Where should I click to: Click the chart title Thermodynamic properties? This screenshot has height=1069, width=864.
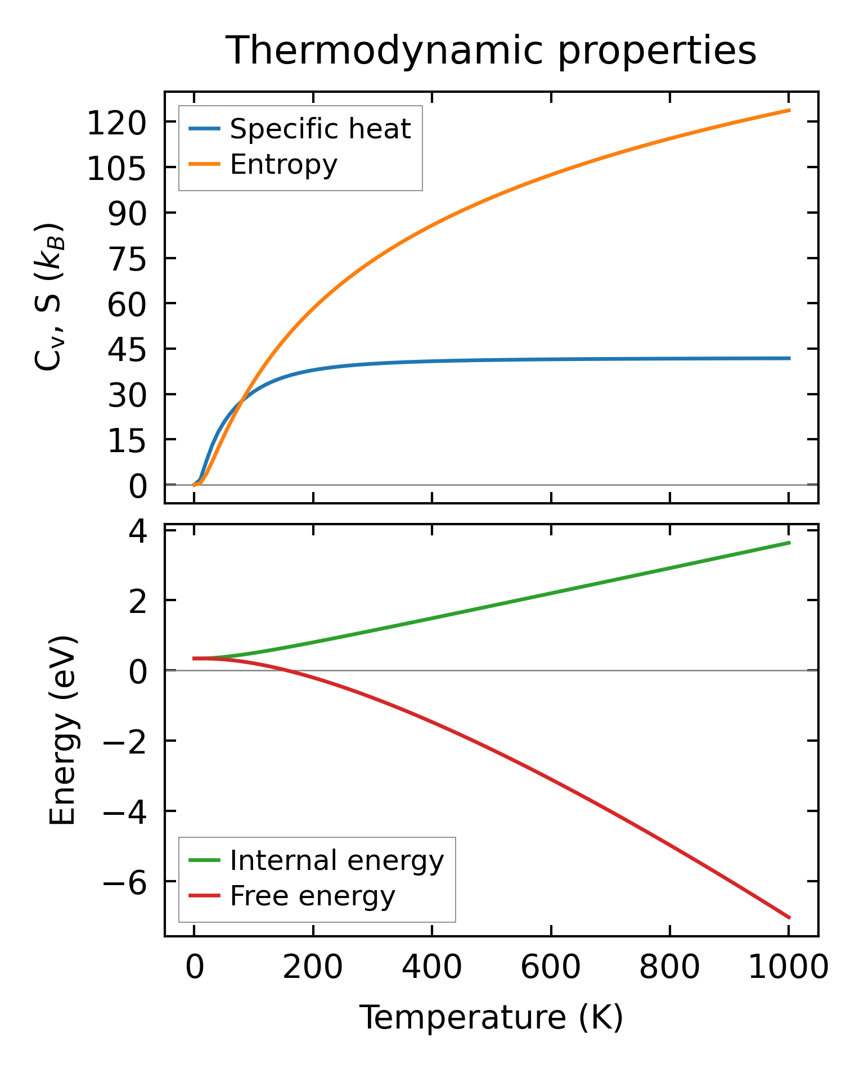coord(490,51)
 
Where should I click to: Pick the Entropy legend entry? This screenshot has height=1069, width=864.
coord(283,165)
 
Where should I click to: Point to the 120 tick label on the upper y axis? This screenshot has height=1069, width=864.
coord(116,123)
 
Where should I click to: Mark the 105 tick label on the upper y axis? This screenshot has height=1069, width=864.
coord(116,169)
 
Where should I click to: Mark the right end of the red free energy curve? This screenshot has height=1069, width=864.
coord(789,918)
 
